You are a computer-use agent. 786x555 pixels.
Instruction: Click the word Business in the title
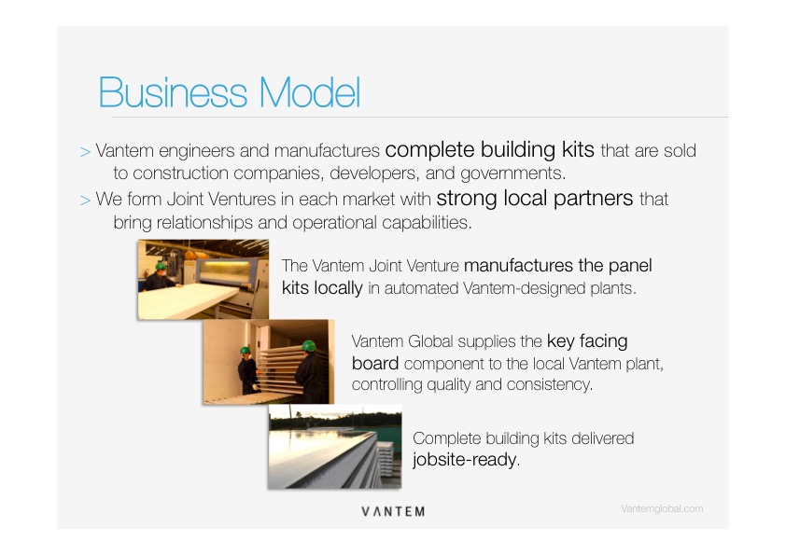pyautogui.click(x=173, y=92)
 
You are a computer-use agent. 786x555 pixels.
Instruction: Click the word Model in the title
pyautogui.click(x=310, y=92)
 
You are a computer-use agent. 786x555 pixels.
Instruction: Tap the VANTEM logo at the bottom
pyautogui.click(x=393, y=511)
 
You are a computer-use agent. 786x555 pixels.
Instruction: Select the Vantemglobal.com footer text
pyautogui.click(x=662, y=509)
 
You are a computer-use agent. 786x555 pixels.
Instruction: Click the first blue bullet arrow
pyautogui.click(x=85, y=152)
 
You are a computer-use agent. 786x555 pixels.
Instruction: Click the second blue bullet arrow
pyautogui.click(x=85, y=201)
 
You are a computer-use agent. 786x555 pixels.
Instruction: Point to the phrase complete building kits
pyautogui.click(x=490, y=150)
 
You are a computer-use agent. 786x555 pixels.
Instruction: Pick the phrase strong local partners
pyautogui.click(x=535, y=199)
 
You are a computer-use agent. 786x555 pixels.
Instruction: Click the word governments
pyautogui.click(x=512, y=173)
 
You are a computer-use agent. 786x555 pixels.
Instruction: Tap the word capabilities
pyautogui.click(x=426, y=222)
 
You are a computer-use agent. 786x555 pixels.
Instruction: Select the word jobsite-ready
pyautogui.click(x=465, y=460)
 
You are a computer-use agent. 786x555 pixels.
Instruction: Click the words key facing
pyautogui.click(x=587, y=341)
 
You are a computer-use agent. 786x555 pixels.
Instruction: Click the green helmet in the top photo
pyautogui.click(x=161, y=266)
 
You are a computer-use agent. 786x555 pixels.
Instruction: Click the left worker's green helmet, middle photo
pyautogui.click(x=245, y=350)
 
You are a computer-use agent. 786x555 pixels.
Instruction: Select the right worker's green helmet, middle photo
pyautogui.click(x=309, y=345)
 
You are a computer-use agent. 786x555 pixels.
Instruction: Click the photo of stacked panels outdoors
pyautogui.click(x=335, y=447)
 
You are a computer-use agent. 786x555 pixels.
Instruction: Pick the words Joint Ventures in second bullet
pyautogui.click(x=221, y=200)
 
